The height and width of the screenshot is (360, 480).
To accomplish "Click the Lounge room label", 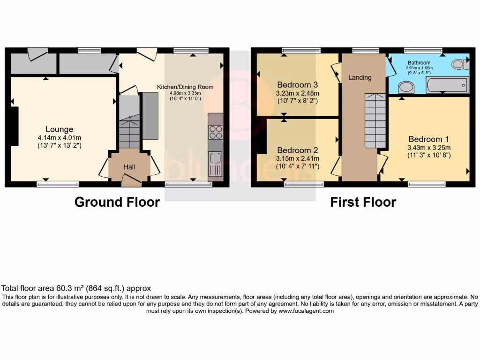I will click(59, 129).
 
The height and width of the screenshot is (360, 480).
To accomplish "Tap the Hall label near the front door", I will click(129, 167).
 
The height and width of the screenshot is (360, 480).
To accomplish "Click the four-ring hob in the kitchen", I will click(216, 133).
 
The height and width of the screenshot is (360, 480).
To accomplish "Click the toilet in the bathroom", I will click(459, 64).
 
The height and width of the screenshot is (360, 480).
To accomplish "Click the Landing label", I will click(360, 77).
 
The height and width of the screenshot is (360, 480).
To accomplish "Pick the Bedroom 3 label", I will click(298, 85).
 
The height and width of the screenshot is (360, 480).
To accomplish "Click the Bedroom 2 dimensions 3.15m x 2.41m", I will click(298, 158).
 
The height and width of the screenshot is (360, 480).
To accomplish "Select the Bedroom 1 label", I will click(428, 139).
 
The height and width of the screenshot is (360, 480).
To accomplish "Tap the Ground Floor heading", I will click(117, 202).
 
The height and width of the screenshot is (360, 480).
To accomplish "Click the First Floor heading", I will click(363, 202).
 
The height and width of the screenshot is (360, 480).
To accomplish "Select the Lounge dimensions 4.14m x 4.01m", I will click(59, 138).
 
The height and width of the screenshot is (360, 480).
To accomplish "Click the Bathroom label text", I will click(419, 62).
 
